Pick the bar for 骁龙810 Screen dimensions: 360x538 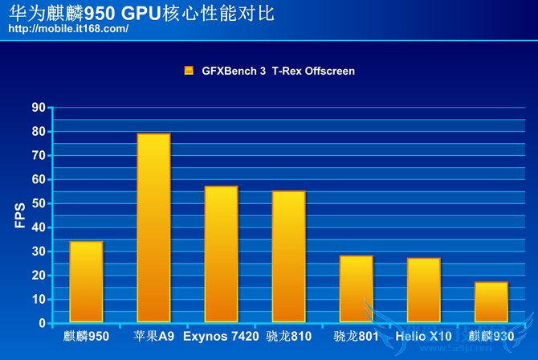[x=288, y=256]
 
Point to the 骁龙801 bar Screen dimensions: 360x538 [x=356, y=288]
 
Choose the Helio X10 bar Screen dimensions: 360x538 [x=423, y=290]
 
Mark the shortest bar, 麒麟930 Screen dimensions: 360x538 [x=491, y=302]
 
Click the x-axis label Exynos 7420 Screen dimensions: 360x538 [x=221, y=335]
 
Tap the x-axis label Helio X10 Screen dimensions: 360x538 [x=423, y=335]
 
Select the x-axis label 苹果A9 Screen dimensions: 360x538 [x=153, y=335]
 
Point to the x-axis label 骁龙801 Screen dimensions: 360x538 [x=356, y=335]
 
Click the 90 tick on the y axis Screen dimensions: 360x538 [x=38, y=108]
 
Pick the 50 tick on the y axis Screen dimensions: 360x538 [x=38, y=203]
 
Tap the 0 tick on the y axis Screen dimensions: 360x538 [x=42, y=323]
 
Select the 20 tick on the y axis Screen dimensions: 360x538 [x=38, y=275]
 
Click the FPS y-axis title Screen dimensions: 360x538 [x=20, y=216]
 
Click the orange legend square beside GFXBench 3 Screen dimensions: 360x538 [x=189, y=71]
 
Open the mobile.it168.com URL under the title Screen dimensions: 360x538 [x=67, y=29]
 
